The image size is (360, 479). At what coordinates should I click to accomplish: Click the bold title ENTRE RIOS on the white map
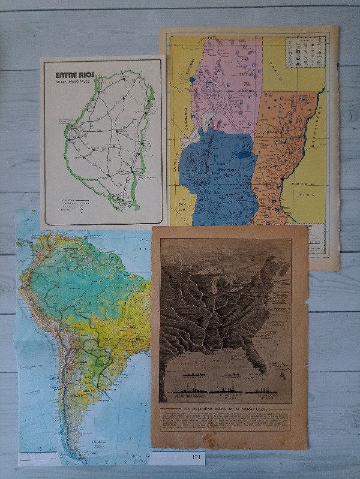[74, 75]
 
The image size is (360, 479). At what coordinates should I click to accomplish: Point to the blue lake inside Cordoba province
[242, 155]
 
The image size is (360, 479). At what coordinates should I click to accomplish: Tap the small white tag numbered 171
[196, 457]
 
